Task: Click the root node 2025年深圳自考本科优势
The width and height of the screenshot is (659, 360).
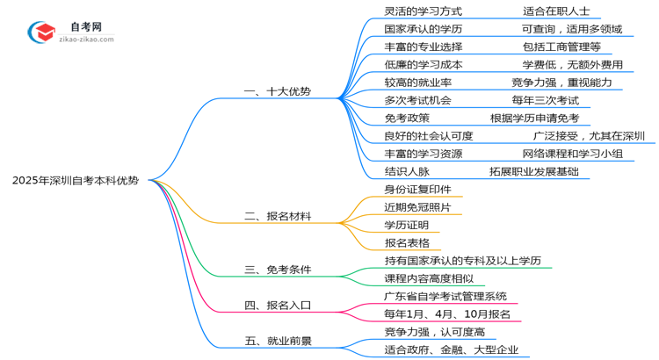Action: click(75, 181)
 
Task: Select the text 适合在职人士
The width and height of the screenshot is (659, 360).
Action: click(556, 11)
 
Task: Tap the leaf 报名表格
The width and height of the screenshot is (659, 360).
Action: click(407, 242)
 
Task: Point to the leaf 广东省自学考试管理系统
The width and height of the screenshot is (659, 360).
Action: click(445, 296)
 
